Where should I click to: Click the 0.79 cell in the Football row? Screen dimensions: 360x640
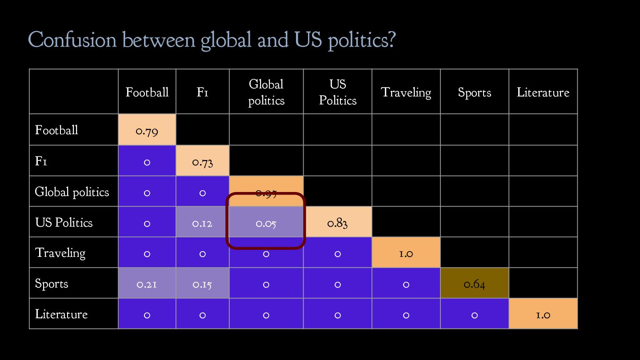click(147, 130)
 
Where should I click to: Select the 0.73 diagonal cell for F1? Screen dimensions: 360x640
click(202, 161)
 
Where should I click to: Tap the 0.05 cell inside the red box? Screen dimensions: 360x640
click(266, 223)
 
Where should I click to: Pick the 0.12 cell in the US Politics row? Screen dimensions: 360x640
click(202, 223)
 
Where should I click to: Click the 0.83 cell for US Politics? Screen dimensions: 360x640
click(337, 223)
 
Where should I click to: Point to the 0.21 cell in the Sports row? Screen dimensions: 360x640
click(147, 284)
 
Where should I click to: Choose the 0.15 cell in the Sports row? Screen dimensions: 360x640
click(202, 284)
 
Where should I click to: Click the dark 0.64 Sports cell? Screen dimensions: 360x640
click(474, 284)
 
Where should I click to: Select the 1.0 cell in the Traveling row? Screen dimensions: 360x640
click(406, 253)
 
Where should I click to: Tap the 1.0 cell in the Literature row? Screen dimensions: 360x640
click(543, 315)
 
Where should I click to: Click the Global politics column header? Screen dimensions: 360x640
click(266, 92)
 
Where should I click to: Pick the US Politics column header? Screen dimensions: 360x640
click(337, 92)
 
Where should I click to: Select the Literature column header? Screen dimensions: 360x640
click(543, 92)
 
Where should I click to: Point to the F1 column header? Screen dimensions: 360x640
click(202, 92)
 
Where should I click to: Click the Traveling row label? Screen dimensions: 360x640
click(60, 253)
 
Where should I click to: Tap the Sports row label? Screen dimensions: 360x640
click(52, 284)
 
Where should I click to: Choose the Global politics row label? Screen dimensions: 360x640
click(72, 192)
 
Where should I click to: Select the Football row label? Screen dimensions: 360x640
click(56, 130)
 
